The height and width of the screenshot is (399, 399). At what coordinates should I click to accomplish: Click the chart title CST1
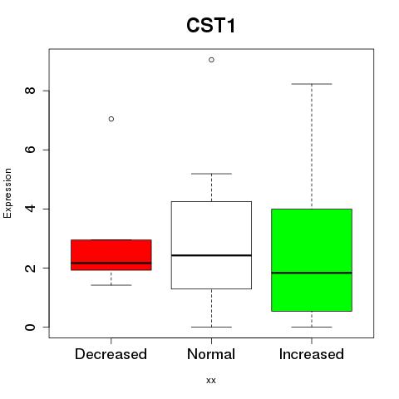tap(211, 25)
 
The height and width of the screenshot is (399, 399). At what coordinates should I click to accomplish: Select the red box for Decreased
tap(111, 254)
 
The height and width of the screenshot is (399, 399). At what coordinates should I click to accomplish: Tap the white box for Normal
tap(211, 245)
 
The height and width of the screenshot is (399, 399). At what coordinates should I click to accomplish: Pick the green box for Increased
tap(312, 260)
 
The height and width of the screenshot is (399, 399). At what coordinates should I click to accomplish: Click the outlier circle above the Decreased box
tap(111, 119)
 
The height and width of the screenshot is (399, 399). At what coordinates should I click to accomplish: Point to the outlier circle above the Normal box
tap(211, 60)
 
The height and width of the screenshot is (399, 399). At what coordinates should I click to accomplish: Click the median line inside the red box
tap(111, 263)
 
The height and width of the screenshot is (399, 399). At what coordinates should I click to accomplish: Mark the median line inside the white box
tap(211, 255)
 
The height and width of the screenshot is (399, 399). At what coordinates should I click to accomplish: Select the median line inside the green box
tap(312, 273)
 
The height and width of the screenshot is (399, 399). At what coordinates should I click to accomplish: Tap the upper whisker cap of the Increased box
tap(312, 84)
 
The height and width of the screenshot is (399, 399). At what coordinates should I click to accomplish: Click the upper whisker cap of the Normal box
tap(211, 174)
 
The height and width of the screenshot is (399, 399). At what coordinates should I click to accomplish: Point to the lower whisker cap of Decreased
tap(111, 285)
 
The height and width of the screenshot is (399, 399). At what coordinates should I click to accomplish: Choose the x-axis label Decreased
tap(111, 354)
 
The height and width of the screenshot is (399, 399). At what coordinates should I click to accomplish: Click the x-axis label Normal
tap(211, 354)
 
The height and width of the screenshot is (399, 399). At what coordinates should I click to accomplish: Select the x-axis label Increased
tap(312, 354)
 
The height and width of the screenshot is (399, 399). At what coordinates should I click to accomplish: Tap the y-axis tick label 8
tap(30, 91)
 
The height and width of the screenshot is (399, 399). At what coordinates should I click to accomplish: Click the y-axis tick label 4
tap(30, 209)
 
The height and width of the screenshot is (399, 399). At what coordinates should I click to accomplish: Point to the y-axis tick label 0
tap(30, 327)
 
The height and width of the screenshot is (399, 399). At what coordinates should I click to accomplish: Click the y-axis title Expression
tap(7, 193)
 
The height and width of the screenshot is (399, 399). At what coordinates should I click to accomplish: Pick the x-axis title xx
tap(211, 381)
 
